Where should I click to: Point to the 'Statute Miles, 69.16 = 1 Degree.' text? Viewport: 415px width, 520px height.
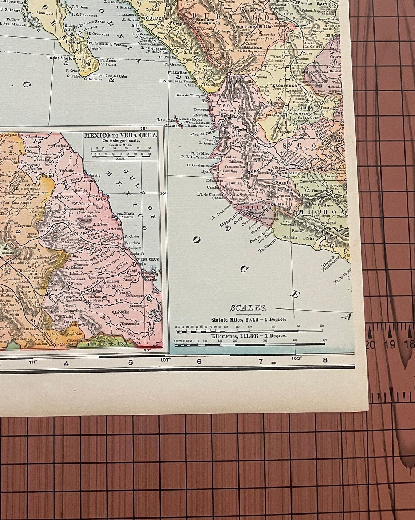[249, 319]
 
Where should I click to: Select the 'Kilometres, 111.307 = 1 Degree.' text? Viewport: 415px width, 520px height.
[249, 335]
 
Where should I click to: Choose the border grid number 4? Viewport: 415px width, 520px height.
[66, 363]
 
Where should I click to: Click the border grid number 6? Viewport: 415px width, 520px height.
[199, 362]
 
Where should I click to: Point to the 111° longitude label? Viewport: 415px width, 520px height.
[33, 362]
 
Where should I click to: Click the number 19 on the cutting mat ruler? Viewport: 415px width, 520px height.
[391, 344]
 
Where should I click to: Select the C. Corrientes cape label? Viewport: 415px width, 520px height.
[199, 165]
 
